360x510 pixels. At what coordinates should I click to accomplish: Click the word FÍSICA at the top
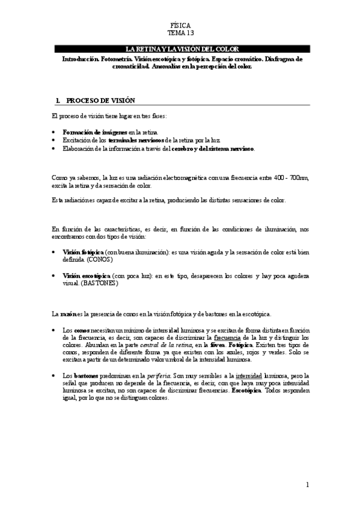[x=180, y=26]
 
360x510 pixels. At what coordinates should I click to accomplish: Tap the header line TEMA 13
[x=180, y=34]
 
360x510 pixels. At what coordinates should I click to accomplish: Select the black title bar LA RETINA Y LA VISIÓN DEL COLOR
[x=181, y=49]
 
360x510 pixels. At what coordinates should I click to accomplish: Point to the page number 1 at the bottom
[x=307, y=485]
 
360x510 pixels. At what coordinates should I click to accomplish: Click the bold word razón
[x=67, y=314]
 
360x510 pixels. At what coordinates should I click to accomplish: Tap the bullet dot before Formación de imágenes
[x=55, y=131]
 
